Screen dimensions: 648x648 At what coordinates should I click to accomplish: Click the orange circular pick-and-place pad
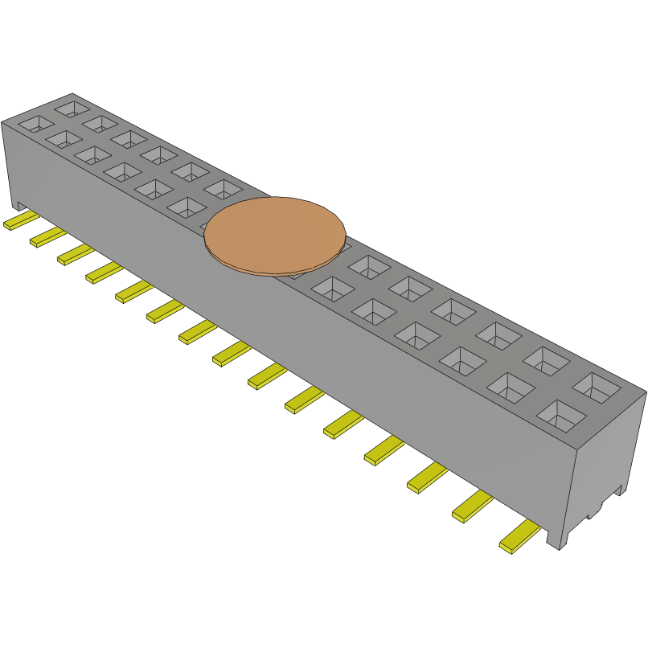tap(275, 233)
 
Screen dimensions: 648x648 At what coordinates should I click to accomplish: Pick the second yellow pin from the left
tap(47, 237)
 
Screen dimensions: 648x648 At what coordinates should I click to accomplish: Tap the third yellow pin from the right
tap(428, 478)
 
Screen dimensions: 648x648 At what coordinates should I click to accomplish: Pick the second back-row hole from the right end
tap(546, 359)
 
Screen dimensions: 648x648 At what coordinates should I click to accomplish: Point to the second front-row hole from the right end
tap(510, 388)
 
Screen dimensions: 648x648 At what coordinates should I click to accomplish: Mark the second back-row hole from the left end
tap(100, 122)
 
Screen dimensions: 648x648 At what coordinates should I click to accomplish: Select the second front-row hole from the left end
tap(63, 138)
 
